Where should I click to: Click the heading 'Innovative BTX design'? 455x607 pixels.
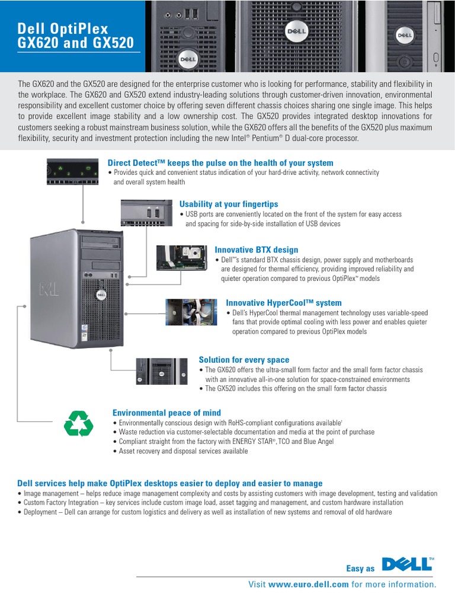(x=256, y=250)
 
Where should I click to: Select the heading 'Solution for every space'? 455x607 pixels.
(x=243, y=360)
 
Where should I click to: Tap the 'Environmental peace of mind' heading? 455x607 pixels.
(x=166, y=413)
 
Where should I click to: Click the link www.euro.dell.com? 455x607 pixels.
(x=308, y=584)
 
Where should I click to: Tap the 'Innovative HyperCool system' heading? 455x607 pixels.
(x=284, y=303)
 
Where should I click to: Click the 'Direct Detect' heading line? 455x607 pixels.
(x=220, y=163)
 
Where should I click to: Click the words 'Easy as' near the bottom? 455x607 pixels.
(x=360, y=568)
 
